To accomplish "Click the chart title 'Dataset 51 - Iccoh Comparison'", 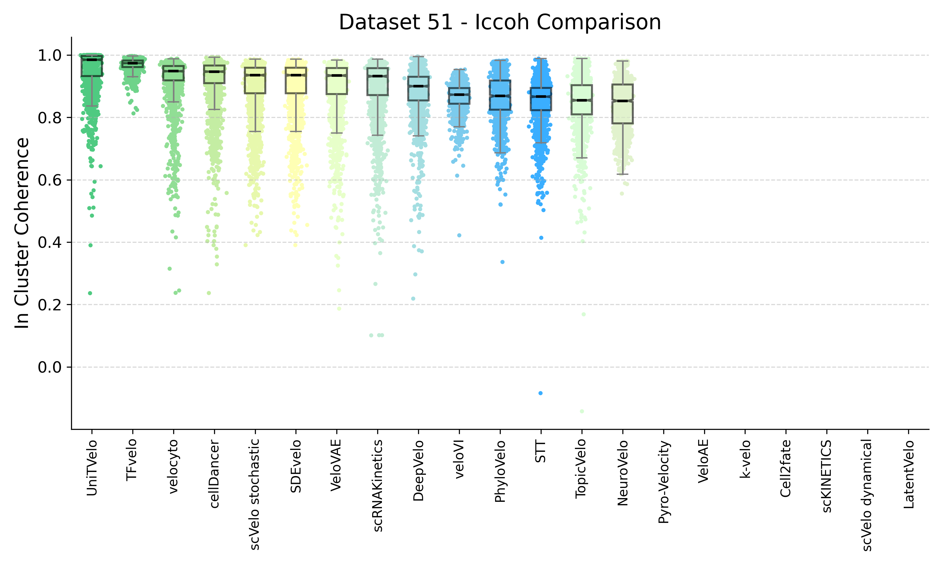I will pyautogui.click(x=500, y=22).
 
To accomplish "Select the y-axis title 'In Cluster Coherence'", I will pyautogui.click(x=22, y=233).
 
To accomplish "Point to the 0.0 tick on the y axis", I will pyautogui.click(x=50, y=367).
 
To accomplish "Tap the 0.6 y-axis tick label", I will pyautogui.click(x=50, y=180).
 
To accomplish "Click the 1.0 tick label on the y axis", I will pyautogui.click(x=50, y=56).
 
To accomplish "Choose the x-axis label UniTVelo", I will pyautogui.click(x=92, y=468).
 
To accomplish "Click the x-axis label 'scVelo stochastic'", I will pyautogui.click(x=255, y=494).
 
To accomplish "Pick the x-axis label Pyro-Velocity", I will pyautogui.click(x=664, y=482).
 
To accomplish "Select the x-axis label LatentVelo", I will pyautogui.click(x=909, y=474).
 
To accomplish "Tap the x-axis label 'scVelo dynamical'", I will pyautogui.click(x=868, y=495).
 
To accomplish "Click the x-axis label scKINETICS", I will pyautogui.click(x=827, y=476).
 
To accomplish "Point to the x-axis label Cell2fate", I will pyautogui.click(x=786, y=468).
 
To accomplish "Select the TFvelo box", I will pyautogui.click(x=133, y=63).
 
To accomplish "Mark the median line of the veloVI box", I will pyautogui.click(x=459, y=94).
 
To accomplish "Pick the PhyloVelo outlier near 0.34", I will pyautogui.click(x=502, y=262).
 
